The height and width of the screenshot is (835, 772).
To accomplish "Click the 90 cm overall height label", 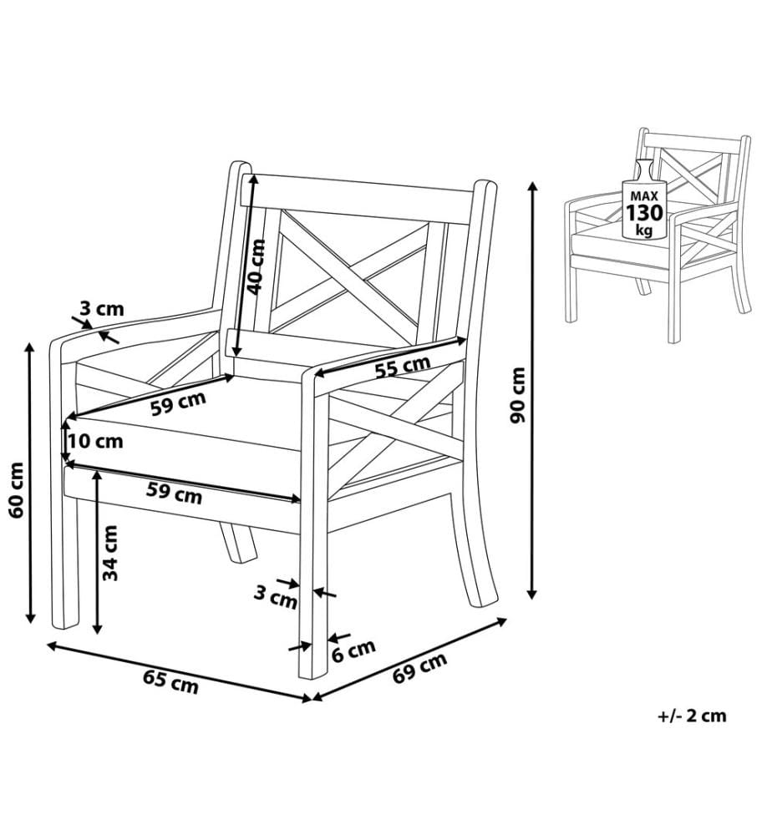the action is click(x=517, y=395).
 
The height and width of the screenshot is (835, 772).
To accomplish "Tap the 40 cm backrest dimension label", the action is click(x=256, y=267).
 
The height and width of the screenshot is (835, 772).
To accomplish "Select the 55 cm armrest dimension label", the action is click(x=402, y=367).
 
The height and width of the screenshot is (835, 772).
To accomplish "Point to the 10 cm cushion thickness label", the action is click(x=95, y=441).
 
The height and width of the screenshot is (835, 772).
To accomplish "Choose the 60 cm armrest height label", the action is click(x=17, y=490).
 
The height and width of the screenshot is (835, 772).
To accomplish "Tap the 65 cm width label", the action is click(x=170, y=681).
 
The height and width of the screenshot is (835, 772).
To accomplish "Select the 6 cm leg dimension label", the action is click(x=353, y=650).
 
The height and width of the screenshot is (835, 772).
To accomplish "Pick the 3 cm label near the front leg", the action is click(x=275, y=597).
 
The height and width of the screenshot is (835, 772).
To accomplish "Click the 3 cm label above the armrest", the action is click(x=102, y=308).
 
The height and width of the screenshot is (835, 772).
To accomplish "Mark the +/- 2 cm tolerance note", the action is click(x=692, y=716).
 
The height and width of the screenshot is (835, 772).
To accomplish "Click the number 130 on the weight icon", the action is click(x=644, y=213).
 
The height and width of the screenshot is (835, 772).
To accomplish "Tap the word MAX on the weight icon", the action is click(x=644, y=196).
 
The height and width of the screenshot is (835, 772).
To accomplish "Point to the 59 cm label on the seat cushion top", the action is click(x=178, y=403).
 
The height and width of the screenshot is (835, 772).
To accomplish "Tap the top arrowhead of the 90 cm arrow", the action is click(x=531, y=187).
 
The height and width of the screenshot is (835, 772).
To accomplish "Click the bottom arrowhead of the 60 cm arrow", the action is click(x=30, y=617).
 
